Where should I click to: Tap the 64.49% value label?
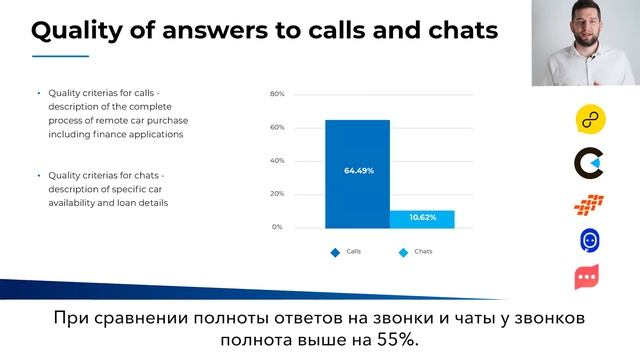click(358, 170)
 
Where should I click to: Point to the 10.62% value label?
click(422, 218)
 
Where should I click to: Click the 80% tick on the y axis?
click(277, 94)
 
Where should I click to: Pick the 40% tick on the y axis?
click(277, 160)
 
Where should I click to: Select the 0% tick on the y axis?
click(279, 227)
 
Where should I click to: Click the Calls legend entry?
click(347, 252)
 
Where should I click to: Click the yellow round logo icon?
click(588, 118)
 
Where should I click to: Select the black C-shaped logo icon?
click(588, 161)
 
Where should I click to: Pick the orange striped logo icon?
click(588, 203)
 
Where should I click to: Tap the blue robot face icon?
click(588, 240)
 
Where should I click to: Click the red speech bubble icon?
click(588, 277)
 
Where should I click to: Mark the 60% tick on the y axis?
click(277, 127)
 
